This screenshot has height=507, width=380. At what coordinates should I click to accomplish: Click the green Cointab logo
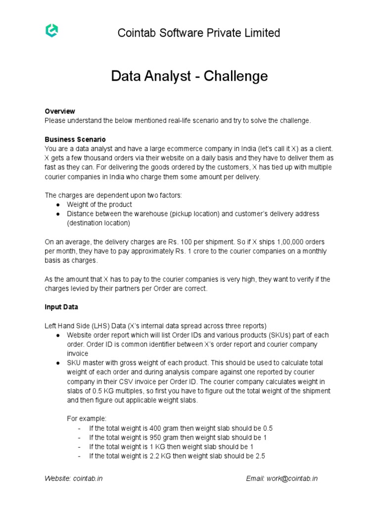(51, 31)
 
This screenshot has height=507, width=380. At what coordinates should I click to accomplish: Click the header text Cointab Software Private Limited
(198, 33)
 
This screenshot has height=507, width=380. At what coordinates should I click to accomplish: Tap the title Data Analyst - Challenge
(190, 76)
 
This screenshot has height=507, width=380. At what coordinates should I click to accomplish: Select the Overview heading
(59, 111)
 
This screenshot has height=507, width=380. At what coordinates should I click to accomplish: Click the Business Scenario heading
(75, 140)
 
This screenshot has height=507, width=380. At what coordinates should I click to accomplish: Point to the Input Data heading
(61, 307)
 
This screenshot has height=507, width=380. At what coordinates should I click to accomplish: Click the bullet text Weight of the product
(99, 204)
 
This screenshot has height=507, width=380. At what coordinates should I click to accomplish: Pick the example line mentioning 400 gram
(181, 428)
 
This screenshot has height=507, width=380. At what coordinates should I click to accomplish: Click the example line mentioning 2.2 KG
(177, 456)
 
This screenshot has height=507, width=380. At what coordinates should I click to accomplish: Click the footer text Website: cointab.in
(73, 479)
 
